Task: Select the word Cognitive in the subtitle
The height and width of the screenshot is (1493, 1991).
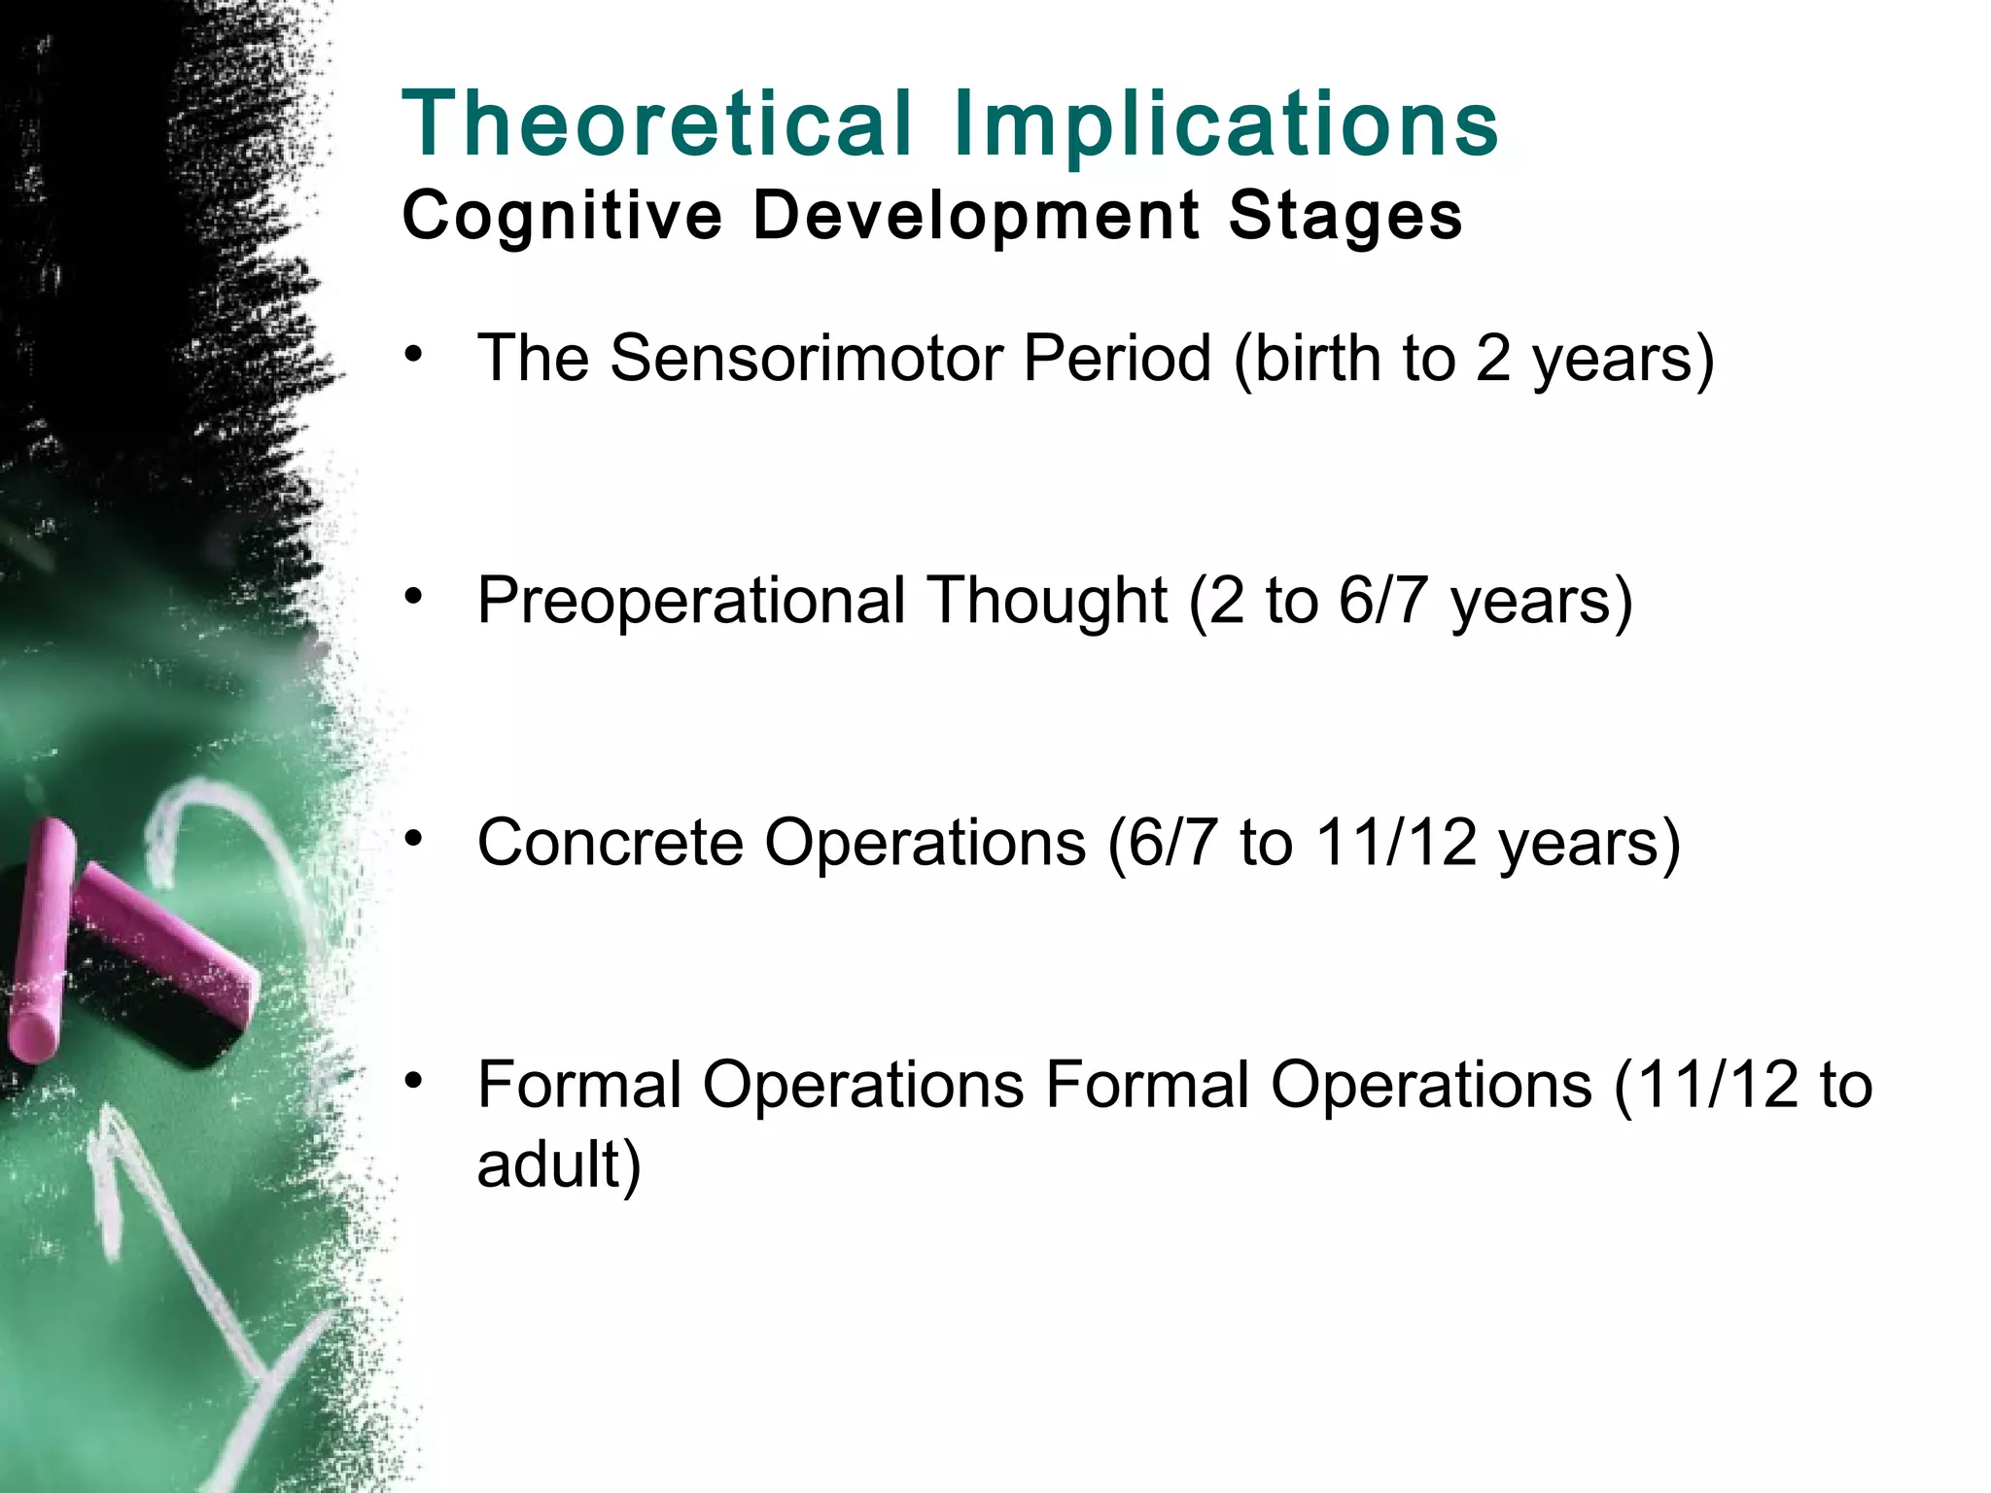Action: pyautogui.click(x=562, y=216)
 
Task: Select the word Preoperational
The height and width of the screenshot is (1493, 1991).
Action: pyautogui.click(x=690, y=602)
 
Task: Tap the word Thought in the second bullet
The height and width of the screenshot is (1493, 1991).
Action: pyautogui.click(x=1046, y=602)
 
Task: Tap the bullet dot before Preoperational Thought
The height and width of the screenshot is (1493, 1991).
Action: pyautogui.click(x=415, y=596)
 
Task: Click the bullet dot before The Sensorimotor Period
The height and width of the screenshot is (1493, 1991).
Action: pyautogui.click(x=415, y=354)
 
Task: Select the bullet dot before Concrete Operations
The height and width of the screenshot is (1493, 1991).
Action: pyautogui.click(x=415, y=838)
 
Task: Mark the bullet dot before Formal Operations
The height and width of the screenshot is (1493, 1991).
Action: pyautogui.click(x=415, y=1080)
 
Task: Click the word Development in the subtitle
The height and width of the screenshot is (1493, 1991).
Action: pyautogui.click(x=976, y=216)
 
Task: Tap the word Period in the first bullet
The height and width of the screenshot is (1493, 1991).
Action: pyautogui.click(x=1117, y=359)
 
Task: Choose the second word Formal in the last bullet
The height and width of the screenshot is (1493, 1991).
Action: pyautogui.click(x=1147, y=1085)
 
